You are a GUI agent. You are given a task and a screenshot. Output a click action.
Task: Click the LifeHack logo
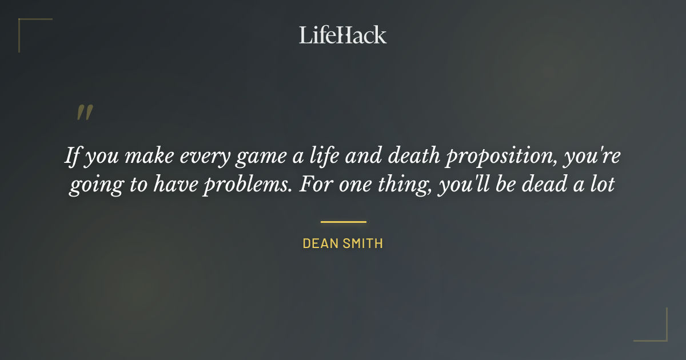[342, 35]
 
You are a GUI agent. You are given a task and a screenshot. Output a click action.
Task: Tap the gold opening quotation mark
[84, 113]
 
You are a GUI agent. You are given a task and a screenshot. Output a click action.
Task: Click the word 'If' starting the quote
[72, 157]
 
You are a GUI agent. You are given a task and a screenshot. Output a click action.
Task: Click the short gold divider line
[343, 222]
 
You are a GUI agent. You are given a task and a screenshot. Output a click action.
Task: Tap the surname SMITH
[364, 243]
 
